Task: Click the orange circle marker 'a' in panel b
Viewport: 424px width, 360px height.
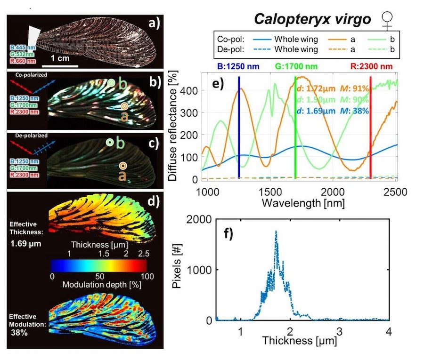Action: [123, 106]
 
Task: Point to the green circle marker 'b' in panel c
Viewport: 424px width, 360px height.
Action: [109, 142]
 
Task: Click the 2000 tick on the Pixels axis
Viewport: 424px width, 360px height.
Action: [200, 219]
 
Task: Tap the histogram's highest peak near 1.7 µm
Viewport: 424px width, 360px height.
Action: [276, 231]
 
